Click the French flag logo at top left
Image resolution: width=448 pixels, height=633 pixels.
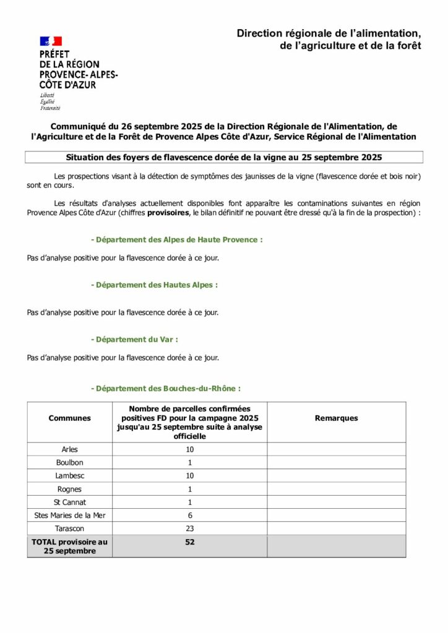[51, 41]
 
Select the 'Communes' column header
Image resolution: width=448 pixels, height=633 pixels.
[69, 418]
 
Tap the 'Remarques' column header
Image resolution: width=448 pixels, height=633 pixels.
[336, 418]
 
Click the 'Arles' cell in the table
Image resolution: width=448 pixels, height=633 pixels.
[69, 449]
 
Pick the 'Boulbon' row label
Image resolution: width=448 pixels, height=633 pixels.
[69, 462]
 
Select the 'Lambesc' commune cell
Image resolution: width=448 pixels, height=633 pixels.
[69, 475]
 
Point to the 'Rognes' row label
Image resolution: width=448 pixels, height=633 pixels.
[69, 489]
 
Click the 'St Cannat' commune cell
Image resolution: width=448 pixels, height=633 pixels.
[69, 502]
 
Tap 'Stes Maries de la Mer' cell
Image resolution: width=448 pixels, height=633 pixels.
[69, 516]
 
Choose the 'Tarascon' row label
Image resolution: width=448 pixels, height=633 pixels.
[69, 529]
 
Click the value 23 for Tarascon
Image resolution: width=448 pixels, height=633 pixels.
[190, 529]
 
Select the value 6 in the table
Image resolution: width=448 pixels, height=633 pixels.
[190, 516]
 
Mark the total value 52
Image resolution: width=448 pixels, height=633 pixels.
[190, 542]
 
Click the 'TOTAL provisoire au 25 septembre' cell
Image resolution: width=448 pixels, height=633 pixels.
[69, 546]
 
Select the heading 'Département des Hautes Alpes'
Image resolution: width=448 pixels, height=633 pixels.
[154, 285]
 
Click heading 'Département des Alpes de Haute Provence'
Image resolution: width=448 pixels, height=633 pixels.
[176, 240]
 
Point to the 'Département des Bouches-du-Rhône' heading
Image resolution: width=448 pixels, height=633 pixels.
[165, 389]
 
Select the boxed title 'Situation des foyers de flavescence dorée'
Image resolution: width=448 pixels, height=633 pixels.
[224, 157]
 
